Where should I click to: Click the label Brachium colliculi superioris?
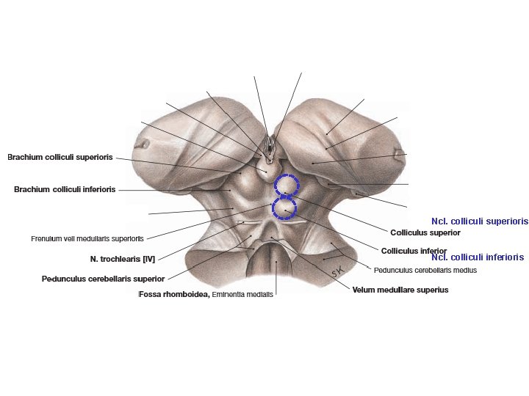tap(60, 157)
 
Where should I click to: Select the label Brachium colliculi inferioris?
tap(65, 190)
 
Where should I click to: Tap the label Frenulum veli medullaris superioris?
tap(87, 239)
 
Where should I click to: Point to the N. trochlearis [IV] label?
tap(123, 260)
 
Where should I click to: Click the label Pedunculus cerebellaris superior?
tap(104, 279)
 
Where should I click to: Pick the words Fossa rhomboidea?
tap(174, 294)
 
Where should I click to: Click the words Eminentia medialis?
tap(242, 294)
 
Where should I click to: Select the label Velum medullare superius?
tap(400, 290)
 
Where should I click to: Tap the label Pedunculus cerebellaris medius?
tap(425, 270)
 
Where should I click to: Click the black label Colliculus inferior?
tap(414, 251)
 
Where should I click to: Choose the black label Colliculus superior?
tap(425, 232)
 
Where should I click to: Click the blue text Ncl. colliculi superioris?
tap(480, 221)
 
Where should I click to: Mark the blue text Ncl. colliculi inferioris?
tap(478, 257)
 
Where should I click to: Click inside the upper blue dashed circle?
tap(286, 184)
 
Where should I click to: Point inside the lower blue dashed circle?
tap(284, 208)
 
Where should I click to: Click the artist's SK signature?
tap(337, 271)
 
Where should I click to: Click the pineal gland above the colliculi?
tap(268, 170)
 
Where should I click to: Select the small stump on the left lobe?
tap(143, 144)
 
